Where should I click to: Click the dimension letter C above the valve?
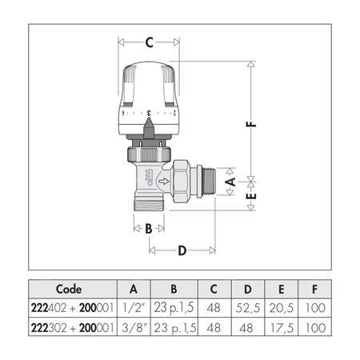[x=150, y=42]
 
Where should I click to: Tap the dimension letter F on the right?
[x=251, y=124]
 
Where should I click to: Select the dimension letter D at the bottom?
[x=182, y=250]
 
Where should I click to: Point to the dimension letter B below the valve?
[x=149, y=229]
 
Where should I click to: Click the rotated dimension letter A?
[x=230, y=182]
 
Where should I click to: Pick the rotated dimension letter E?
[x=251, y=196]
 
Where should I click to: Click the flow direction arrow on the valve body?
[x=164, y=182]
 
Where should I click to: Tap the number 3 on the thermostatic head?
[x=149, y=113]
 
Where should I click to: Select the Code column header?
[x=69, y=289]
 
